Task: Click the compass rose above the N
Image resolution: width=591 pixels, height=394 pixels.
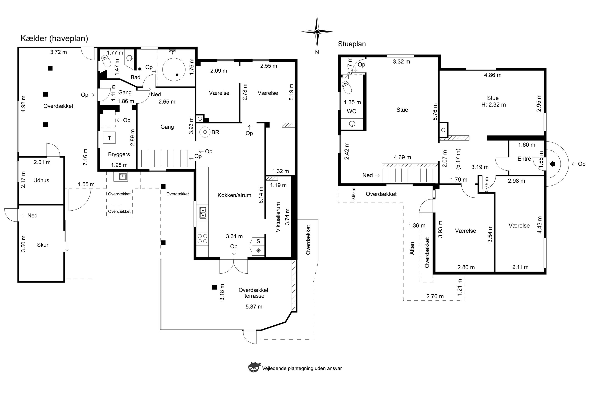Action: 317,32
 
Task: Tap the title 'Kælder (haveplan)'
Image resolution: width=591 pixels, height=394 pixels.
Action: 54,38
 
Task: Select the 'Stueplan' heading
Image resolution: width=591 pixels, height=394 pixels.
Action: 352,44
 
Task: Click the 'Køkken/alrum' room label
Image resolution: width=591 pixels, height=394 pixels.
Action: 234,195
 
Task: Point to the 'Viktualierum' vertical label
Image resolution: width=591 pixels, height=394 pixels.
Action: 278,217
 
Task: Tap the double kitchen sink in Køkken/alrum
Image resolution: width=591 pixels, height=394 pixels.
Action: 203,213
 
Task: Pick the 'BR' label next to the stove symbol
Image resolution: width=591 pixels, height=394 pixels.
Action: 215,132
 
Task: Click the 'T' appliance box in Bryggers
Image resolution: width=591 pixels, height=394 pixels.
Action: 109,138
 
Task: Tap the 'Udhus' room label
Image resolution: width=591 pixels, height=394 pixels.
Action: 41,180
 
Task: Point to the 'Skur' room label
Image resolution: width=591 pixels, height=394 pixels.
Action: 43,245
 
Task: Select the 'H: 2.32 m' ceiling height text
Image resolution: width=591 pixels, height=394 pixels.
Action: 493,105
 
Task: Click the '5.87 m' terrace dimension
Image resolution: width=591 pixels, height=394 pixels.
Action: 254,307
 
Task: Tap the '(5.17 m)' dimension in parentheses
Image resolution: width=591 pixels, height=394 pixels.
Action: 458,159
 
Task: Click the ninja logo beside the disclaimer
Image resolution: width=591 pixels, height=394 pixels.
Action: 254,367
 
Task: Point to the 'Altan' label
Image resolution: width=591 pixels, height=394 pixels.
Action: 412,248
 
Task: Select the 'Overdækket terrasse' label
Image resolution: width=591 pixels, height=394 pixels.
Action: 254,293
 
